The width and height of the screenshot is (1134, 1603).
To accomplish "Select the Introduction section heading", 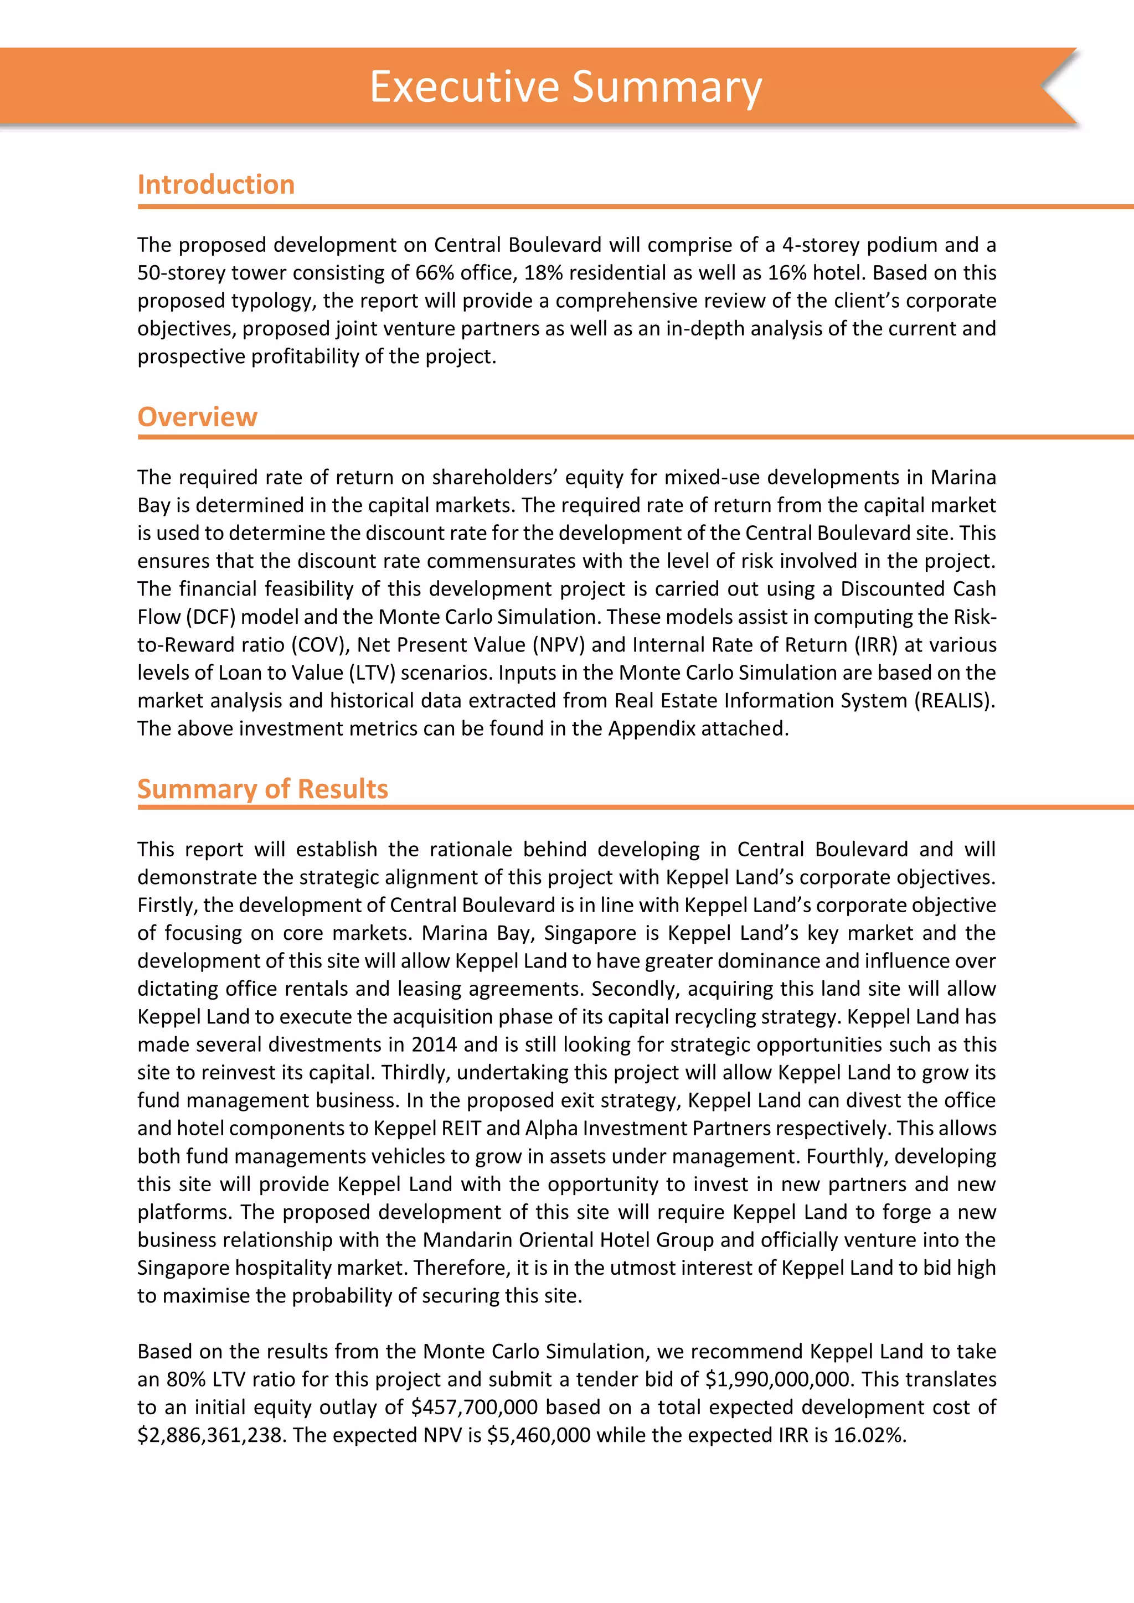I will click(x=216, y=184).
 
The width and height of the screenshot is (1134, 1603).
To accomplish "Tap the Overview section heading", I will click(x=197, y=417).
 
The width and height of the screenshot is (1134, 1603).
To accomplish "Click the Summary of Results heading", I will click(x=262, y=788).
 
